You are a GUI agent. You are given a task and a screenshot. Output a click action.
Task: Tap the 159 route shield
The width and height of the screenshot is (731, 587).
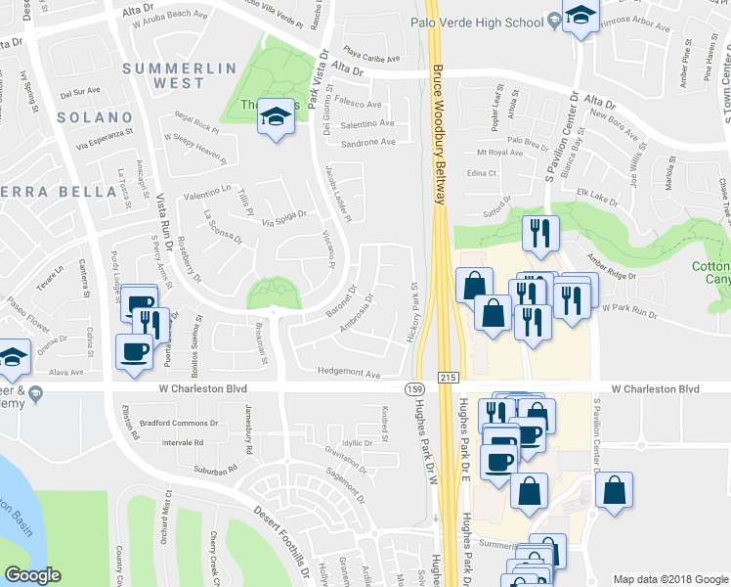pos(414,389)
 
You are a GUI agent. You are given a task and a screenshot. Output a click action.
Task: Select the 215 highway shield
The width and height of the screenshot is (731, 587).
pos(448,376)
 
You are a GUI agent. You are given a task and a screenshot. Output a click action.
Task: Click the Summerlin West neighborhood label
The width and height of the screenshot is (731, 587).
pos(179,75)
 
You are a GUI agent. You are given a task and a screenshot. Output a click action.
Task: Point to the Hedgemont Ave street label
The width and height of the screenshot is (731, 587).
pos(349,373)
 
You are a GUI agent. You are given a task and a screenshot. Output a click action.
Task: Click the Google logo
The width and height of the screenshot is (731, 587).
pos(33,574)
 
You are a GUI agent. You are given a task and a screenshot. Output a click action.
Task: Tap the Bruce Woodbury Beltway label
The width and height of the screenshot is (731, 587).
pos(440,135)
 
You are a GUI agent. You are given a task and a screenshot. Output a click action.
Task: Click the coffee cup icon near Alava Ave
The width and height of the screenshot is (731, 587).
pos(133,350)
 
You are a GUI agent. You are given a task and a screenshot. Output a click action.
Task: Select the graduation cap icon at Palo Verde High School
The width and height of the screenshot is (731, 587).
pos(581,16)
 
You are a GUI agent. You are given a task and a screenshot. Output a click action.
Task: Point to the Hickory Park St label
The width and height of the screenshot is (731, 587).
pos(413,313)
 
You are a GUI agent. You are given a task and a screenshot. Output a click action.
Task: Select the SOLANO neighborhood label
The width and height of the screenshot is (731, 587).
pos(88,117)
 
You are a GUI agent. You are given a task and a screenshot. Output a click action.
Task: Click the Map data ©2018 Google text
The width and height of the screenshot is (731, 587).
pos(669,578)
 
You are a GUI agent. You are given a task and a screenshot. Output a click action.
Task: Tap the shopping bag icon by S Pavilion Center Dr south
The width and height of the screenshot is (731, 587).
pos(614,491)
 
